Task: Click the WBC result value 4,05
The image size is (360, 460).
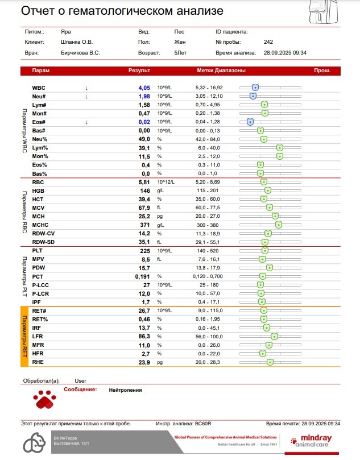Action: [144, 88]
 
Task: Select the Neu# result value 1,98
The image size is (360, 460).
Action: [144, 97]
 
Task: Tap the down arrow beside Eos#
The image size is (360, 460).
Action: [86, 122]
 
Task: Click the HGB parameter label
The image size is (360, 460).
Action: [38, 190]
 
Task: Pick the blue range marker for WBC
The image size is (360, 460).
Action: [255, 88]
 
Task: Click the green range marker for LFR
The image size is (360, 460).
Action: [275, 337]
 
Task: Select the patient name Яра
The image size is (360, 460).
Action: [66, 32]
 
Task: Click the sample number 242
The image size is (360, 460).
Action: [268, 42]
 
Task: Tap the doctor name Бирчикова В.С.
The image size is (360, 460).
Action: [80, 52]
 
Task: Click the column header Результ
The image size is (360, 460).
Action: [139, 71]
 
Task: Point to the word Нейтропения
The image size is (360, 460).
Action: [125, 390]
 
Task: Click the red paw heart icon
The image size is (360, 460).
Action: [43, 400]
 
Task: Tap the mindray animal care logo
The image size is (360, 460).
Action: [316, 441]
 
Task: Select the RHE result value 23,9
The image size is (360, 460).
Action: [144, 362]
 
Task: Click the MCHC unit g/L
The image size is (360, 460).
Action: [162, 225]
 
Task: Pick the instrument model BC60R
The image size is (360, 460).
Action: [203, 424]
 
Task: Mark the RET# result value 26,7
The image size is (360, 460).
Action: [144, 311]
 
